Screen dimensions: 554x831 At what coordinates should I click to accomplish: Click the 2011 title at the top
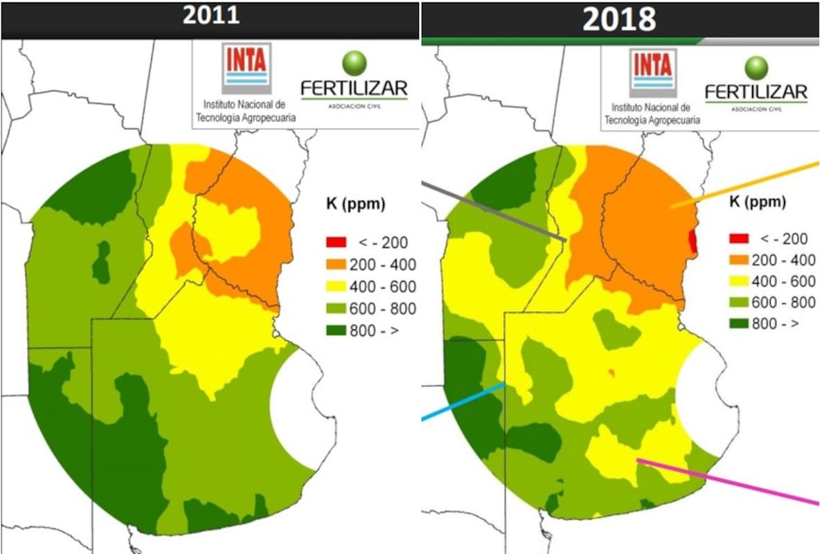click(211, 17)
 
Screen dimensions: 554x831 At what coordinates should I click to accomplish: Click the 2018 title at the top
click(618, 19)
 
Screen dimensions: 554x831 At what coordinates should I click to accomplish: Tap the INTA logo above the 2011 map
click(246, 68)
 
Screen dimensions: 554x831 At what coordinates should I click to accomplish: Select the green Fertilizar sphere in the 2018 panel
click(756, 66)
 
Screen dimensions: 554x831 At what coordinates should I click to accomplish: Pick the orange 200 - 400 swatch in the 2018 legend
click(738, 260)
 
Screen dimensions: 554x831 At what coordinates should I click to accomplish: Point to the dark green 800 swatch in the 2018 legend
click(738, 323)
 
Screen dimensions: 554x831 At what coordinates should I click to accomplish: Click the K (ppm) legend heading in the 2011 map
click(355, 204)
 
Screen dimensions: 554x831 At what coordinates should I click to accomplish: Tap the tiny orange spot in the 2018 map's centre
click(611, 374)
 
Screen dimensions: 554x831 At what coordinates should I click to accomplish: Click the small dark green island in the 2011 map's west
click(101, 262)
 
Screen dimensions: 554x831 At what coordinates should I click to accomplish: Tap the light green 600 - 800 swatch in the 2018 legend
click(738, 302)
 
